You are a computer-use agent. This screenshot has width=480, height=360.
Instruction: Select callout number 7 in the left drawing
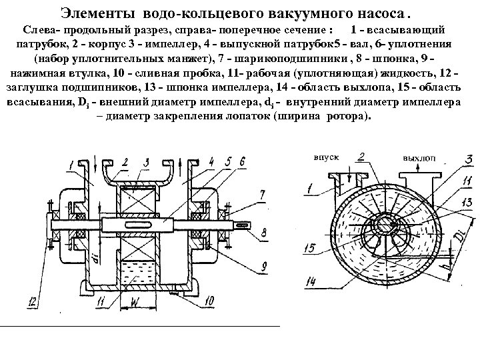pyautogui.click(x=263, y=194)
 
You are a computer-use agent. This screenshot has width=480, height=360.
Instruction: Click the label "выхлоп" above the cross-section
pyautogui.click(x=419, y=158)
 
